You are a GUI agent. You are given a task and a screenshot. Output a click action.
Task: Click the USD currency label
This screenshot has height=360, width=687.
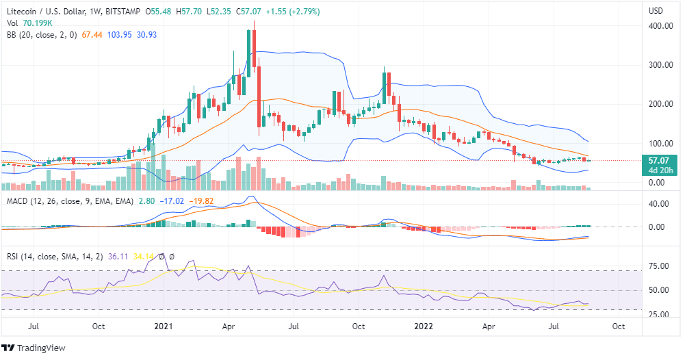[x=656, y=12]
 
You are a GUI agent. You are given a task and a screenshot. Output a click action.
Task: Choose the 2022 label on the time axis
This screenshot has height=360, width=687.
[x=425, y=326]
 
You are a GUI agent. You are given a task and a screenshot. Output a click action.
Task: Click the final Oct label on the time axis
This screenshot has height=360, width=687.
[x=619, y=326]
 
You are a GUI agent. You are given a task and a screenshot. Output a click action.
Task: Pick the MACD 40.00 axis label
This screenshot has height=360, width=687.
[x=658, y=204]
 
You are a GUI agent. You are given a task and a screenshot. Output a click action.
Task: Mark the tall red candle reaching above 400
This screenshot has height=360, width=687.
[x=254, y=48]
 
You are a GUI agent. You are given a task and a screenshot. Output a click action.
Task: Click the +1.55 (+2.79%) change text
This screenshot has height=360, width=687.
[x=275, y=12]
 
